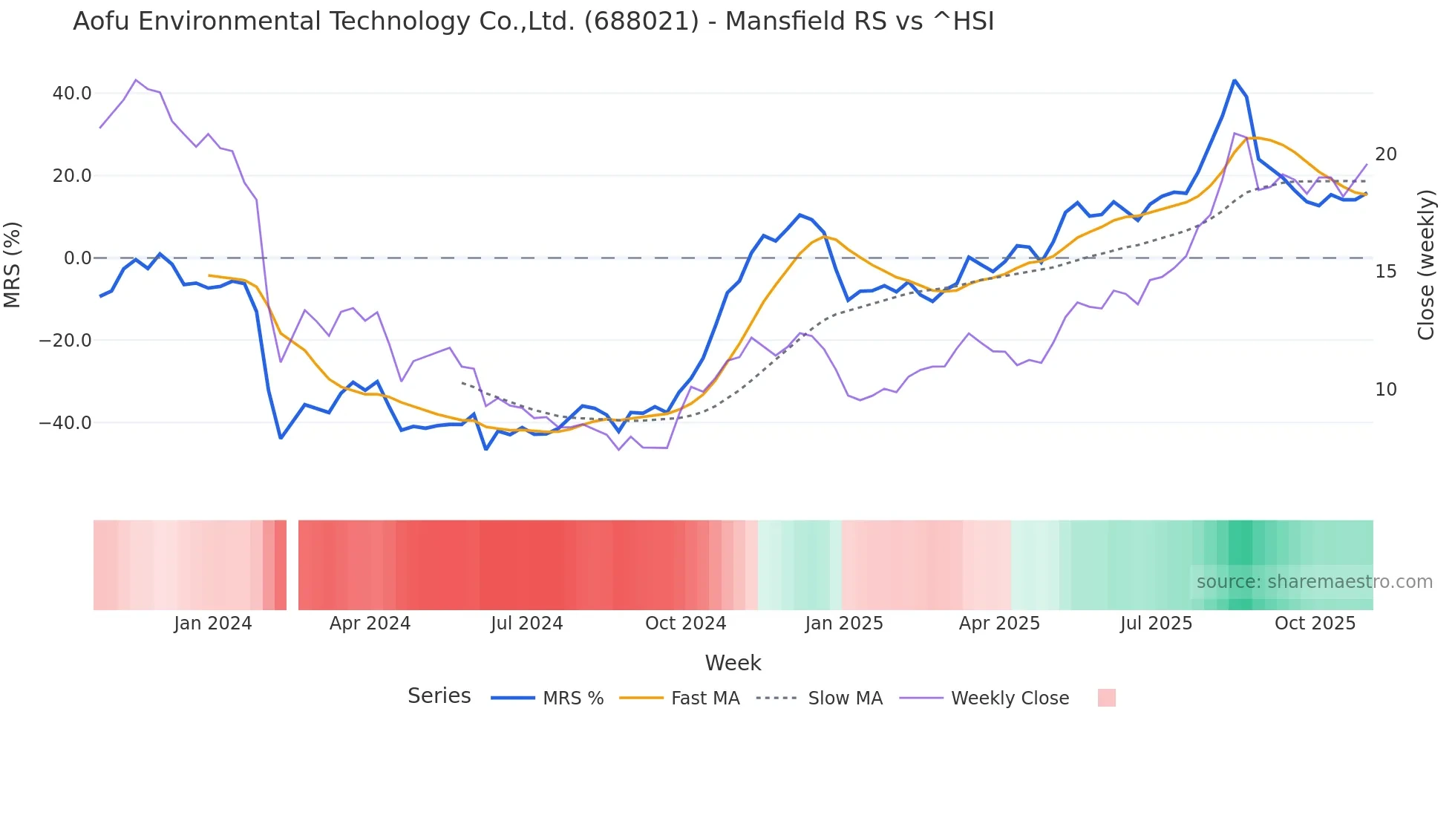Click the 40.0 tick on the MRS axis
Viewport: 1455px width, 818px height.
click(72, 94)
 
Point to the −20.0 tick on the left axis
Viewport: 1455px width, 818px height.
click(65, 341)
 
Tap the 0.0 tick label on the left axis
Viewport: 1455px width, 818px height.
click(78, 258)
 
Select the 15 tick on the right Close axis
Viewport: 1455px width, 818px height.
click(1385, 272)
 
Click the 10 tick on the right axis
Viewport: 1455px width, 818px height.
click(1385, 390)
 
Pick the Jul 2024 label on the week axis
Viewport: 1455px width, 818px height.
click(526, 624)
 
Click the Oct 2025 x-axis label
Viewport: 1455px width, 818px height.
click(1315, 624)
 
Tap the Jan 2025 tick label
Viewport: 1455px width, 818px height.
click(843, 624)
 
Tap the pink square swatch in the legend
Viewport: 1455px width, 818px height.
click(1106, 698)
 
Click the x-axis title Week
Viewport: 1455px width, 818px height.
click(733, 663)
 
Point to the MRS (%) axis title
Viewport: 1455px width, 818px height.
click(13, 264)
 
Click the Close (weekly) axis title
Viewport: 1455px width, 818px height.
click(1425, 265)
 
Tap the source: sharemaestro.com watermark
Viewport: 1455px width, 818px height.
click(1314, 582)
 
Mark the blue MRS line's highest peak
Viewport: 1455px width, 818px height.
click(1234, 80)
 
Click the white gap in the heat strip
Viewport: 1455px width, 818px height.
click(292, 565)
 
